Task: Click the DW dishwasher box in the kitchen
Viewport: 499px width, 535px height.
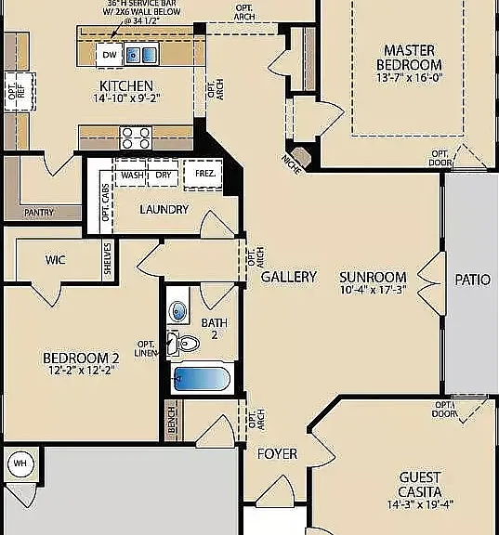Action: pyautogui.click(x=110, y=55)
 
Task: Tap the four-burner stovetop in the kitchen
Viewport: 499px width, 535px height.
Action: pyautogui.click(x=136, y=137)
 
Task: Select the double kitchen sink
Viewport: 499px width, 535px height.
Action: pyautogui.click(x=141, y=54)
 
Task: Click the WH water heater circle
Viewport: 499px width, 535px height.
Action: pyautogui.click(x=20, y=463)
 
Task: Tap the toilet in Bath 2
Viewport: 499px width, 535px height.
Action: pyautogui.click(x=183, y=344)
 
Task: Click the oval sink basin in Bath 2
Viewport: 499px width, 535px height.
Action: pyautogui.click(x=177, y=311)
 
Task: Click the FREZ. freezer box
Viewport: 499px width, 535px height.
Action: pyautogui.click(x=204, y=174)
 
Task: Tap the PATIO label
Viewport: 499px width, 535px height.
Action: pyautogui.click(x=472, y=281)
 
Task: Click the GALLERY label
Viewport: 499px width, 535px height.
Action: pyautogui.click(x=289, y=277)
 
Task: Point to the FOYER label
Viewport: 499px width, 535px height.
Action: pyautogui.click(x=277, y=454)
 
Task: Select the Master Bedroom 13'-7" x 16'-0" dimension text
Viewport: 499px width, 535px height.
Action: pyautogui.click(x=409, y=77)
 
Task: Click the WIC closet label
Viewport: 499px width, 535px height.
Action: pyautogui.click(x=56, y=260)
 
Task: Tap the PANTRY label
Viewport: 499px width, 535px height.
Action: pyautogui.click(x=39, y=213)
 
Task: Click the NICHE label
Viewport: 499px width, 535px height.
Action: pyautogui.click(x=291, y=164)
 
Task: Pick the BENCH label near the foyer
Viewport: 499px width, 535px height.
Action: pyautogui.click(x=172, y=420)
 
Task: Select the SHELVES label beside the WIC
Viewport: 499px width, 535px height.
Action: pyautogui.click(x=108, y=258)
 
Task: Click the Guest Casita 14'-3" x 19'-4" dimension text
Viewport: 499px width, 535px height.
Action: pyautogui.click(x=420, y=504)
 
